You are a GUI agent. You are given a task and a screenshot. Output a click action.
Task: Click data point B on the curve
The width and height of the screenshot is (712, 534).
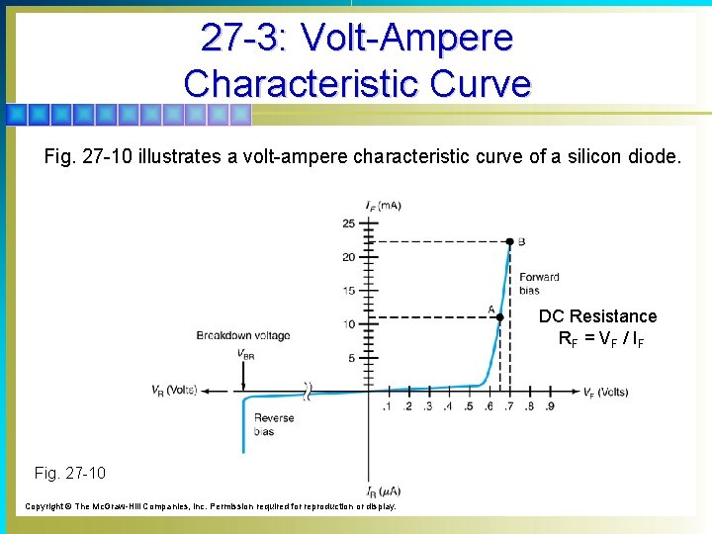[x=509, y=241]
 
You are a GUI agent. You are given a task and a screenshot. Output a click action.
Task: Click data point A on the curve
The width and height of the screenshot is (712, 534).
[x=500, y=317]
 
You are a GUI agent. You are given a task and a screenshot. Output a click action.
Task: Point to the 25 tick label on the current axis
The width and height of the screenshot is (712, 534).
[x=348, y=223]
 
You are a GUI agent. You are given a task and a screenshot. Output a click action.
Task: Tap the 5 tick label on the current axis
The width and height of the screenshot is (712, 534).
[x=351, y=357]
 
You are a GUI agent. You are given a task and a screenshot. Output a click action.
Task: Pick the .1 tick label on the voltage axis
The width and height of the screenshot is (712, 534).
[x=387, y=405]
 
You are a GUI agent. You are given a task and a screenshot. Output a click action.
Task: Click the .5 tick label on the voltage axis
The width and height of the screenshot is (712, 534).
[x=468, y=405]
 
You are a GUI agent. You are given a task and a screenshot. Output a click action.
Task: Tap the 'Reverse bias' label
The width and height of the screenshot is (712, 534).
[x=274, y=424]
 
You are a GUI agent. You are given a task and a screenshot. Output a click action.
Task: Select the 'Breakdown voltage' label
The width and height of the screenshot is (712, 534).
[x=243, y=335]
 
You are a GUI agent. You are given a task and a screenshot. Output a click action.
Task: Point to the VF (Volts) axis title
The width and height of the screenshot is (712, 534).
[x=605, y=392]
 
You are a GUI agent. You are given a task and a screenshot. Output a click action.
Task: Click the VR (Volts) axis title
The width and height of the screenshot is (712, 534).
[x=175, y=390]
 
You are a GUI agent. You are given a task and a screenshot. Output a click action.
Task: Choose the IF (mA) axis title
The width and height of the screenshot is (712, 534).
[x=383, y=206]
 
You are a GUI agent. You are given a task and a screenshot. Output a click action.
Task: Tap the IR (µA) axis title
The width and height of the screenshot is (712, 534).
[x=385, y=491]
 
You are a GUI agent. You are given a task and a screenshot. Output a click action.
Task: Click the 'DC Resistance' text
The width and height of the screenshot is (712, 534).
[x=597, y=316]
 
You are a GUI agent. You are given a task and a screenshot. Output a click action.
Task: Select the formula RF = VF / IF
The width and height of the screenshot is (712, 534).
[x=600, y=339]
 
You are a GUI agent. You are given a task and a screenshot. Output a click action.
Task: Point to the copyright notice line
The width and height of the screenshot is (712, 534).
[x=210, y=505]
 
